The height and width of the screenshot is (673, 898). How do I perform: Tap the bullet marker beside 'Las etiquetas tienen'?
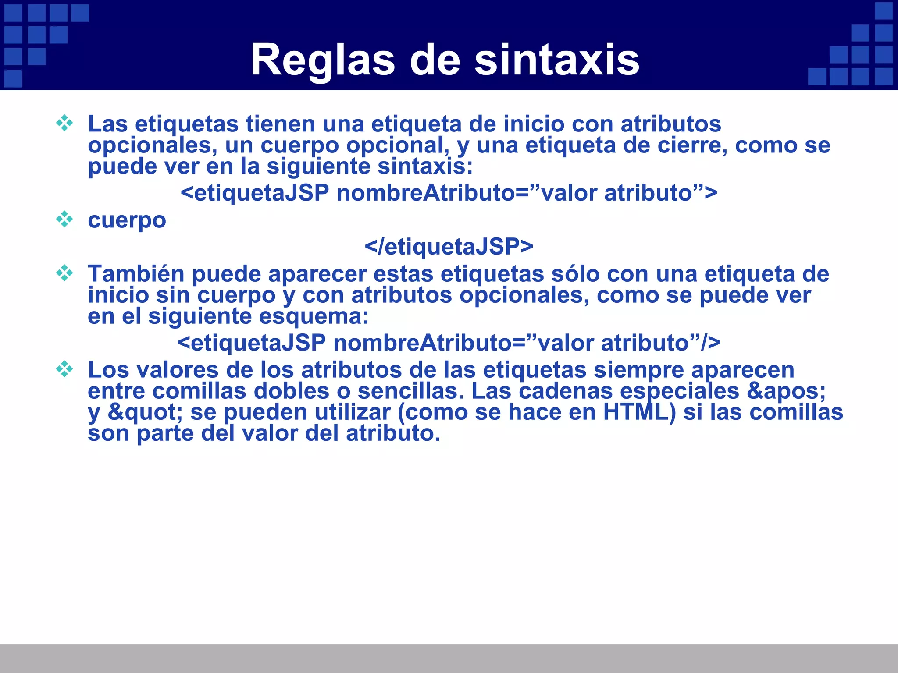[x=64, y=123]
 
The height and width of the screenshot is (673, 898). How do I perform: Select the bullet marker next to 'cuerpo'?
[x=64, y=219]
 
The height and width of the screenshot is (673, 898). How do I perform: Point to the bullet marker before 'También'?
[x=64, y=273]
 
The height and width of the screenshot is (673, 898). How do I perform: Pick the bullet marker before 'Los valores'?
[x=64, y=369]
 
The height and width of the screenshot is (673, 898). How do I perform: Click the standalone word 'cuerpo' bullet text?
[x=127, y=220]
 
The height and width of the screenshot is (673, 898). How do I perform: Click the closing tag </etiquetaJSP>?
[x=449, y=247]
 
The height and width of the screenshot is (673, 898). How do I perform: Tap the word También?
[x=136, y=274]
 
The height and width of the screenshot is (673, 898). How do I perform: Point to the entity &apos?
[x=786, y=391]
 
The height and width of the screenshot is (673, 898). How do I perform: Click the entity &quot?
[x=145, y=412]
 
